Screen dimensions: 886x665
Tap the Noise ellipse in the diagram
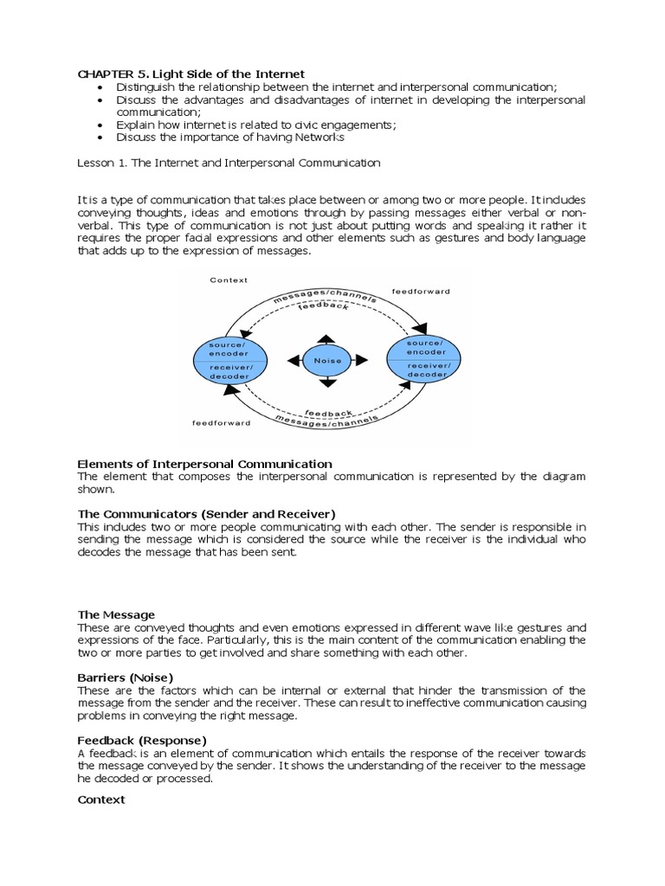(328, 361)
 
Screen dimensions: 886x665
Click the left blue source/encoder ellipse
(230, 361)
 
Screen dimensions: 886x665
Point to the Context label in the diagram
(229, 280)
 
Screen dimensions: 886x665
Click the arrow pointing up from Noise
(328, 337)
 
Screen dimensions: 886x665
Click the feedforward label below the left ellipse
(221, 423)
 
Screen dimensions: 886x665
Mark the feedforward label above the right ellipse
(421, 292)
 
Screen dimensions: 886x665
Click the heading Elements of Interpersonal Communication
(204, 465)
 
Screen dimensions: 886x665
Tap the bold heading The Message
(116, 614)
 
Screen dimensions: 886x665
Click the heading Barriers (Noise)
(126, 677)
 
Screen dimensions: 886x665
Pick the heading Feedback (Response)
(142, 740)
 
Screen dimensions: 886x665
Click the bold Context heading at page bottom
(101, 800)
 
